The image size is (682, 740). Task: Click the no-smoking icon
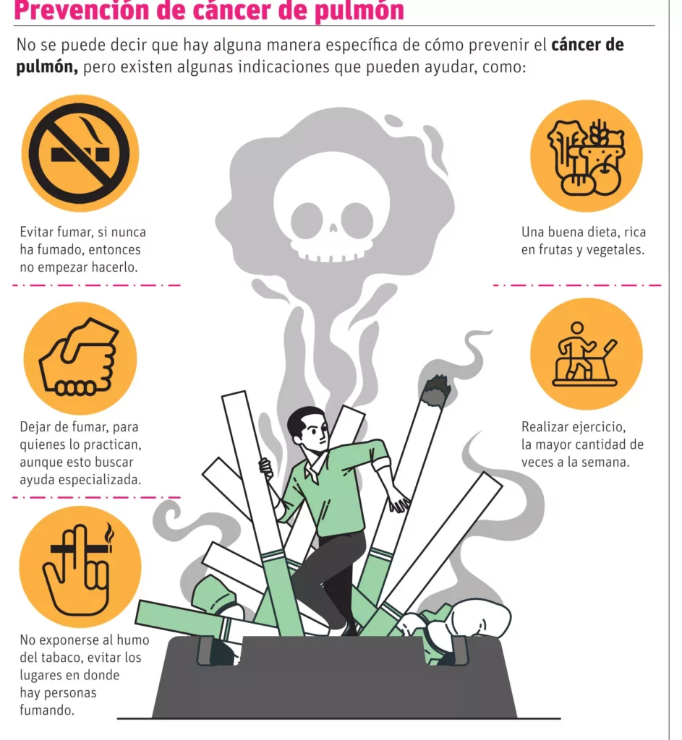tap(80, 153)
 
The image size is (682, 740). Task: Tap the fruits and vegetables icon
tap(586, 156)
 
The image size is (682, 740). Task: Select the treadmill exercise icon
tap(586, 354)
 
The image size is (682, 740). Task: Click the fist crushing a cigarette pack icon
tap(80, 358)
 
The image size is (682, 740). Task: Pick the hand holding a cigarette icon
tap(80, 567)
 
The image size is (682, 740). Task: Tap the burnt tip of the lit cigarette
tap(435, 391)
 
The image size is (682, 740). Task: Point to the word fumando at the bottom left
tap(47, 710)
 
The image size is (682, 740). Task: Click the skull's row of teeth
tap(332, 258)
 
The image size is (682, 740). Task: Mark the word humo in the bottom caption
tap(133, 640)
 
